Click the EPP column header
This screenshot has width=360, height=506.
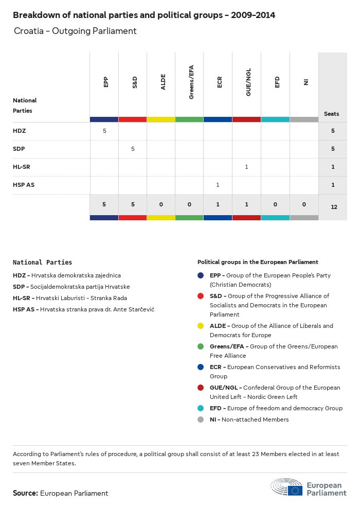click(105, 82)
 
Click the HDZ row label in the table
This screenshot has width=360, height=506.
click(20, 131)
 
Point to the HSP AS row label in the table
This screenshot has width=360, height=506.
click(24, 185)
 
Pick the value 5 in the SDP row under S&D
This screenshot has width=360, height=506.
click(133, 149)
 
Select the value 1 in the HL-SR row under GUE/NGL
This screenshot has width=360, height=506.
click(247, 167)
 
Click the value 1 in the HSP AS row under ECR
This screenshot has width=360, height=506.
click(218, 185)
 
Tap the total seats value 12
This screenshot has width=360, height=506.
click(333, 206)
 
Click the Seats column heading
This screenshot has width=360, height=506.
click(332, 114)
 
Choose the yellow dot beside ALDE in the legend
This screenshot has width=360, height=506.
click(201, 326)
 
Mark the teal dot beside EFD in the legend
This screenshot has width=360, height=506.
click(201, 408)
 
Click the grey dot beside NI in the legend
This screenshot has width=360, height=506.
click(201, 420)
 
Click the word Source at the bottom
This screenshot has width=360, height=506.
click(25, 493)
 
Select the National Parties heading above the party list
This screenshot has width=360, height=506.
click(42, 263)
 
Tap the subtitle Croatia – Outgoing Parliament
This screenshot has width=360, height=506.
click(75, 31)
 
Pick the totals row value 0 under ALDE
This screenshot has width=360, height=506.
click(161, 204)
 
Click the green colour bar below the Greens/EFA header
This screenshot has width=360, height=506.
click(189, 119)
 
